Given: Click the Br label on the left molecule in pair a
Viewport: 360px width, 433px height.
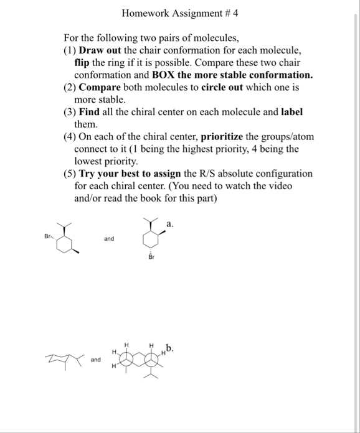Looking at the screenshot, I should click(x=48, y=236).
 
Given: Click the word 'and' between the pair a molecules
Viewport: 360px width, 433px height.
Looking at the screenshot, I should click(x=109, y=238).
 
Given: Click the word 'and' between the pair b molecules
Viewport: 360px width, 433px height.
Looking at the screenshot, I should click(x=95, y=360).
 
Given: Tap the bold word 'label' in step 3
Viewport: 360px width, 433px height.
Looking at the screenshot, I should click(x=293, y=113).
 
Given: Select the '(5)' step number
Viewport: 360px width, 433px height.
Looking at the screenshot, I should click(x=69, y=174).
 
